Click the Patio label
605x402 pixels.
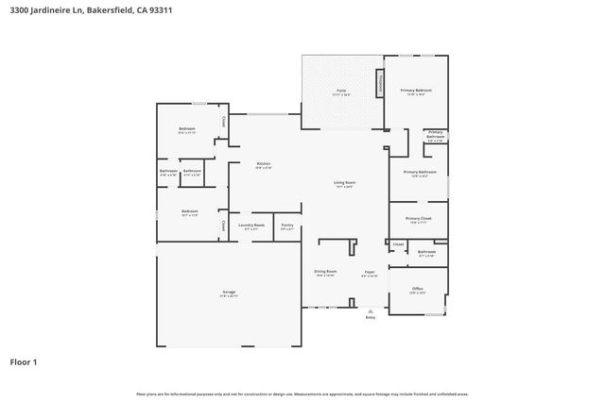click(x=341, y=92)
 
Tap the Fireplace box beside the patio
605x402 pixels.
click(x=380, y=82)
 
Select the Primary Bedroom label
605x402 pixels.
click(x=416, y=91)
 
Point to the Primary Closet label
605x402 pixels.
click(x=417, y=219)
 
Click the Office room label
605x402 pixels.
click(x=417, y=289)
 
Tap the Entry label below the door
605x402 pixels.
click(x=370, y=317)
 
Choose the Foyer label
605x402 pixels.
click(x=370, y=273)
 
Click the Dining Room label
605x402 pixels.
click(x=325, y=272)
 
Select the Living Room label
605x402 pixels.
click(x=343, y=182)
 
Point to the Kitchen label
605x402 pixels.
click(x=264, y=164)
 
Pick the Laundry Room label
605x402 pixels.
click(x=251, y=225)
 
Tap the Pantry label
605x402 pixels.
click(x=287, y=225)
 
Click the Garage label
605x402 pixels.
click(x=228, y=293)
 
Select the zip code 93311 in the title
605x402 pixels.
click(x=161, y=10)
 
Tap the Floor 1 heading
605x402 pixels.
click(x=25, y=361)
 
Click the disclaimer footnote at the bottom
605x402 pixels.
click(x=302, y=394)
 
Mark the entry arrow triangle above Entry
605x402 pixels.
click(x=370, y=310)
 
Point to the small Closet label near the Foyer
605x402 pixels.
click(x=398, y=243)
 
